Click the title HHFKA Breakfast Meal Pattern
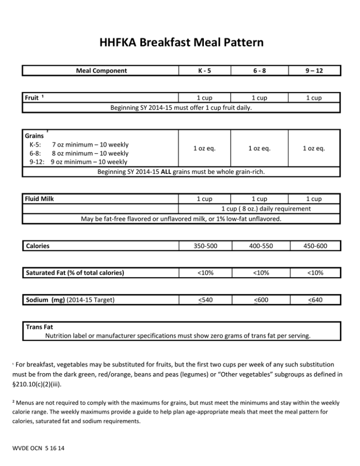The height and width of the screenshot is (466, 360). (x=182, y=43)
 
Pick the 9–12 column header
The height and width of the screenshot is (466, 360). (x=314, y=71)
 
